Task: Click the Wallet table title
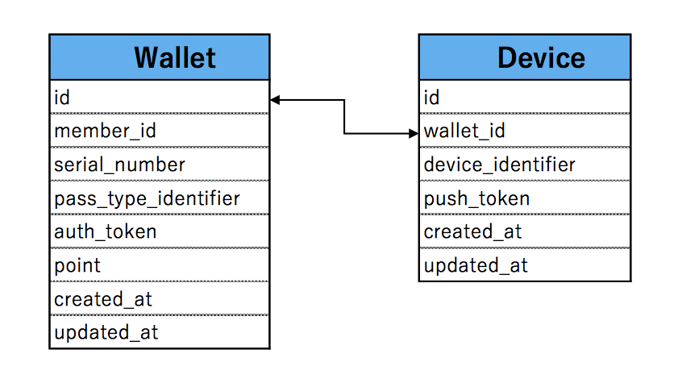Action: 175,57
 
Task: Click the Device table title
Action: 541,57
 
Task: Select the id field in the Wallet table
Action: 62,98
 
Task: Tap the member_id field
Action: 105,131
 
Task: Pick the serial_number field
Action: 120,164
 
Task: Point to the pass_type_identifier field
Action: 147,198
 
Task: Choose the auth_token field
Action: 105,231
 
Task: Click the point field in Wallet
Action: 77,265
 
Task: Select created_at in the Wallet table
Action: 103,298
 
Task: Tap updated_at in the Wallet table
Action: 106,332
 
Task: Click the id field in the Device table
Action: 431,98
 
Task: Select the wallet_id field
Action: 464,131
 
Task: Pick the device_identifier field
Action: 499,164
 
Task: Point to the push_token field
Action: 476,198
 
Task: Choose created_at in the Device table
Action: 472,231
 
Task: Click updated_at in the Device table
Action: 476,265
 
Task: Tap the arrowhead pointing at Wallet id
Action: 276,100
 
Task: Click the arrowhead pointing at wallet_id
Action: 414,134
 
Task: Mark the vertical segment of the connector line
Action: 344,117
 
